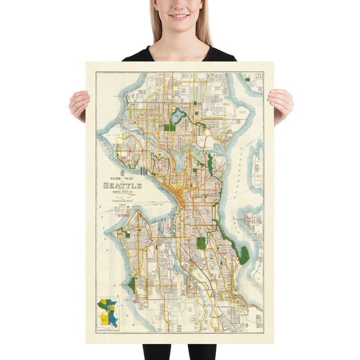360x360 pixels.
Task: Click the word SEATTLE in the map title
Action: coord(122,185)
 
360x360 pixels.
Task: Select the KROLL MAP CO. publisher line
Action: coord(122,192)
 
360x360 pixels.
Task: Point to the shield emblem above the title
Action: coord(121,173)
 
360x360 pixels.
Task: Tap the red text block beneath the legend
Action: coord(122,216)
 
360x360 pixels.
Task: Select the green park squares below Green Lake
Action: coord(170,127)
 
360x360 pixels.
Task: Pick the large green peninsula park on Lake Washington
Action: coord(244,255)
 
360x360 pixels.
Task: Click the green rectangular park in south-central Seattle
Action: coord(201,243)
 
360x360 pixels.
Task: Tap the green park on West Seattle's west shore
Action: coord(131,285)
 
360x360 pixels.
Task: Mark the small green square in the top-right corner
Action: coord(248,80)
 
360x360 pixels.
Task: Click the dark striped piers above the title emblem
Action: coord(143,171)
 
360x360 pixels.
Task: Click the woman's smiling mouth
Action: coord(180,16)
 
